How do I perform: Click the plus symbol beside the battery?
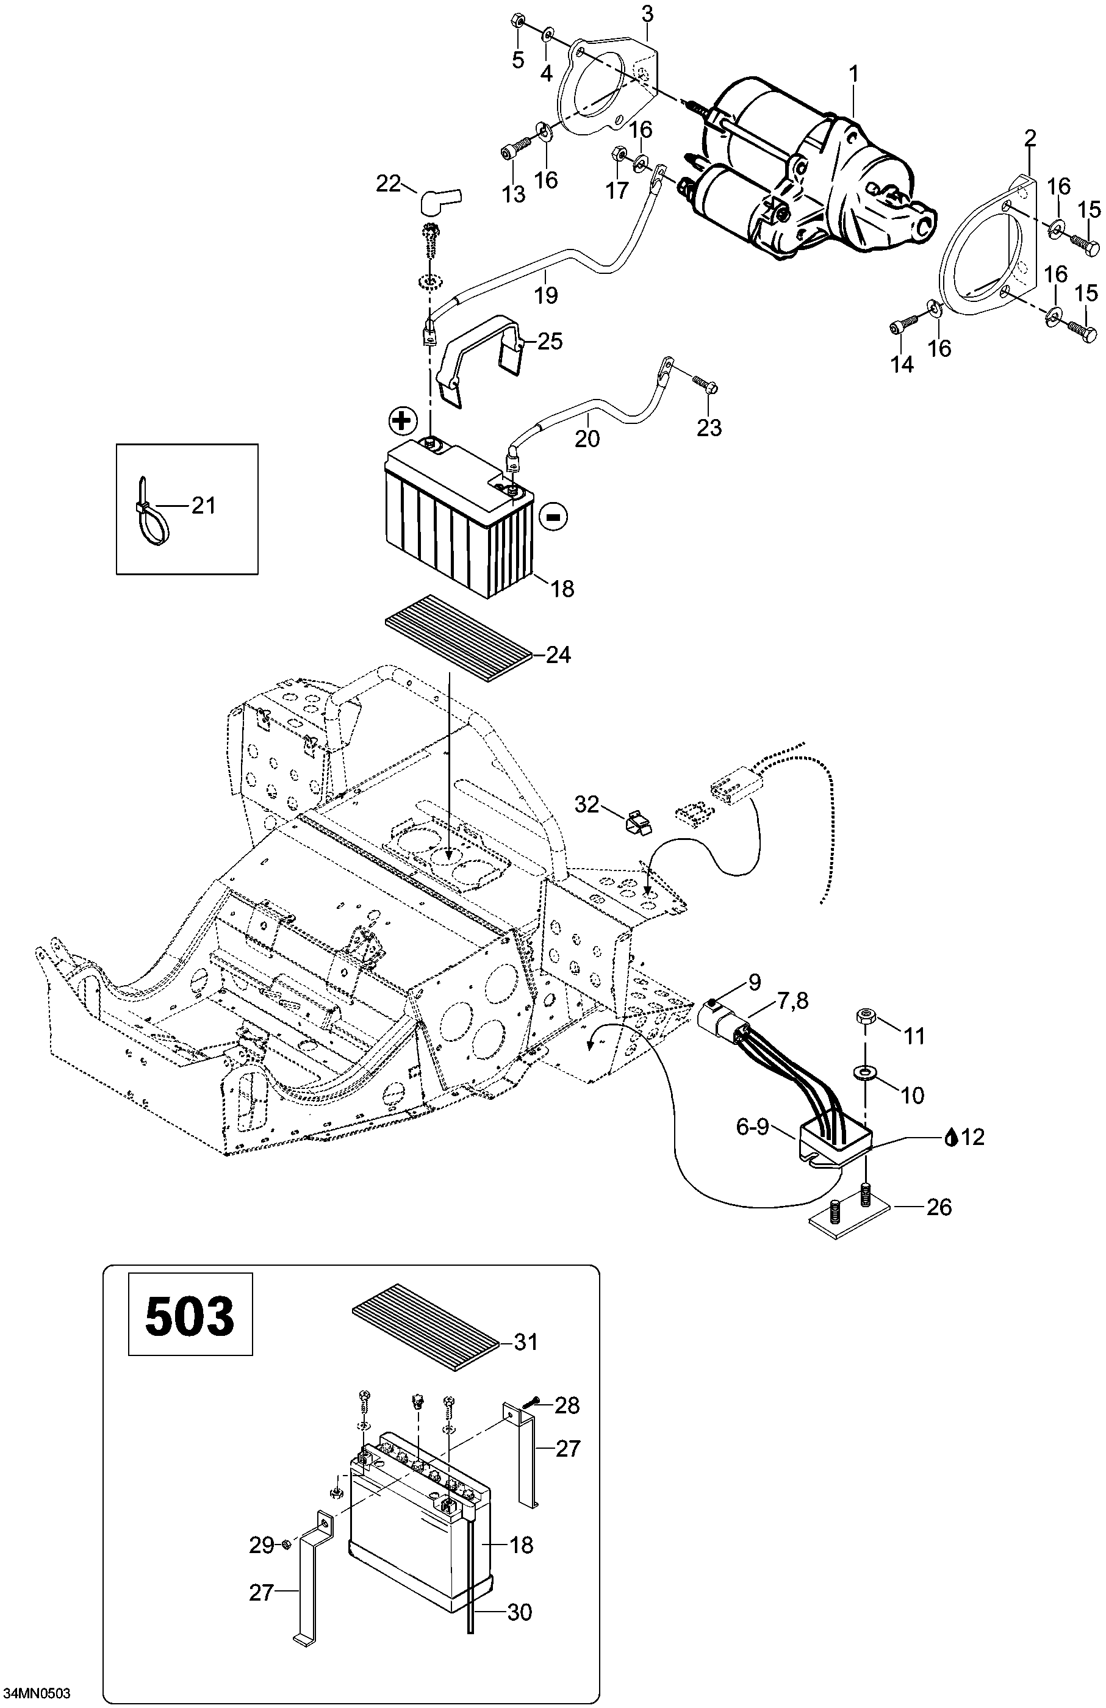pos(403,422)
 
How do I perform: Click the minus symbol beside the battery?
pos(553,516)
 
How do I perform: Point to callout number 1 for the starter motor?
pos(853,74)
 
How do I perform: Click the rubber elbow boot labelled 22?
pos(442,200)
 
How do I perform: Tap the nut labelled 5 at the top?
pos(517,20)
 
